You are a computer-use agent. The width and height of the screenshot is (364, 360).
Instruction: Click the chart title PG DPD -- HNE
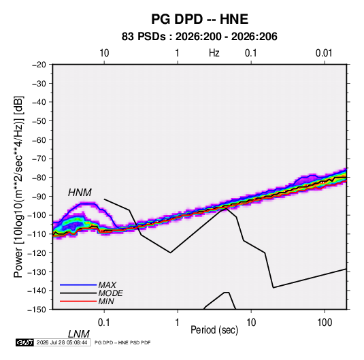[x=199, y=19]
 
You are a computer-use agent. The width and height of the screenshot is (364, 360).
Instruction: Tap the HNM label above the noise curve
[x=80, y=193]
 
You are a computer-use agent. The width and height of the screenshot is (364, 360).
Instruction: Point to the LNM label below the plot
[x=78, y=334]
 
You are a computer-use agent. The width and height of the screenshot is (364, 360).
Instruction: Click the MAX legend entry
[x=107, y=284]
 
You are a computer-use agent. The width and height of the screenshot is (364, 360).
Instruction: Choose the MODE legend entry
[x=110, y=293]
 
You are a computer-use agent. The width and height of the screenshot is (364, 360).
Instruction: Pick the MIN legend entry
[x=106, y=301]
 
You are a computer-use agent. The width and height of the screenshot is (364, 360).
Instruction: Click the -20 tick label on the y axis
[x=39, y=65]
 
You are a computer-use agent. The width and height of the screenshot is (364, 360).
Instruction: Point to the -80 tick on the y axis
[x=39, y=178]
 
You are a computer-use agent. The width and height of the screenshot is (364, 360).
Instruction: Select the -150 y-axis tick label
[x=37, y=310]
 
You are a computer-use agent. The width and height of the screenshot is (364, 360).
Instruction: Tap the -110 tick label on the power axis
[x=37, y=234]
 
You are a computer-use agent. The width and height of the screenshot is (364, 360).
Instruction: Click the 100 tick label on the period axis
[x=324, y=323]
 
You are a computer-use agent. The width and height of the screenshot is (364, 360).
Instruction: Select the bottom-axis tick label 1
[x=178, y=323]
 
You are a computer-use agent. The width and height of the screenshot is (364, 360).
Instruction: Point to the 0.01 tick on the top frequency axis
[x=324, y=53]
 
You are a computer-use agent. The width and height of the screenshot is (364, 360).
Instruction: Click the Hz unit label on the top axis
[x=214, y=53]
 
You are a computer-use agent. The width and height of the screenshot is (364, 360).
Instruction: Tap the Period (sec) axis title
[x=214, y=330]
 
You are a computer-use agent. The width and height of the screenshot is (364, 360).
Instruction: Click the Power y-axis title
[x=18, y=186]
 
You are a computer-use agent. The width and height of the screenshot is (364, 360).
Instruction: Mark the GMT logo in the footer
[x=24, y=342]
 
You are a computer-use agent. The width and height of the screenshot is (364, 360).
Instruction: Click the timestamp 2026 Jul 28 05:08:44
[x=62, y=342]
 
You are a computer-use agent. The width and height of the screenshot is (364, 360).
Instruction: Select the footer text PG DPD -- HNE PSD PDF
[x=122, y=342]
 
